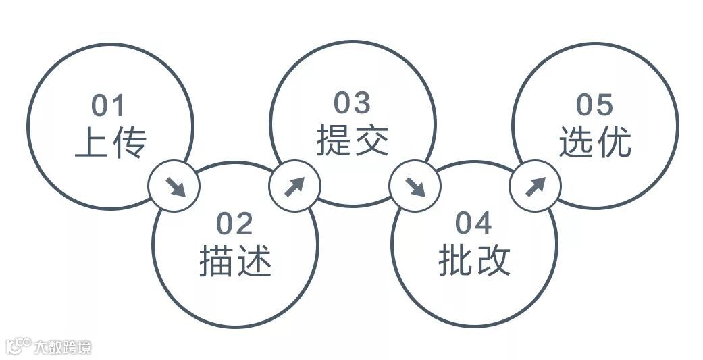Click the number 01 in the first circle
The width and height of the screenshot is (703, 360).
[109, 106]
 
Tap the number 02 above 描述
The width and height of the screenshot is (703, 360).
[234, 224]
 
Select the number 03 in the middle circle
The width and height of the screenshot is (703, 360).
[352, 103]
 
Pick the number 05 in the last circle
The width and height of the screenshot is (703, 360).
[594, 105]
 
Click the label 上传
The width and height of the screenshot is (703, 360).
[110, 143]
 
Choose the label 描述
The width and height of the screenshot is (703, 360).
[235, 261]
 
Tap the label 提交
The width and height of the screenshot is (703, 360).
[353, 140]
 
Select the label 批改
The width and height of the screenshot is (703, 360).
[474, 260]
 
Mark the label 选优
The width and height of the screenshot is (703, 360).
[595, 142]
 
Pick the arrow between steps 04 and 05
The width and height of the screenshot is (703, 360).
[534, 186]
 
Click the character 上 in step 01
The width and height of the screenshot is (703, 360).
[92, 143]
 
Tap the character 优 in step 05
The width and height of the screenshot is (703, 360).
[613, 142]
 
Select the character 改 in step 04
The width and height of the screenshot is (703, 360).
[492, 260]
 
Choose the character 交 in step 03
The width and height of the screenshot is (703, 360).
[371, 140]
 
